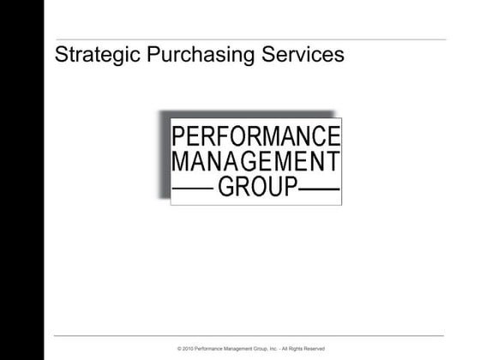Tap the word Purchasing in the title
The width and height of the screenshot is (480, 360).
pyautogui.click(x=183, y=56)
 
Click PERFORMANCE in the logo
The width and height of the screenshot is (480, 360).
pyautogui.click(x=256, y=136)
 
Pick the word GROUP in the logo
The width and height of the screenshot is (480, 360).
pyautogui.click(x=257, y=186)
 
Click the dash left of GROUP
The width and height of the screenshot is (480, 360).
pyautogui.click(x=194, y=187)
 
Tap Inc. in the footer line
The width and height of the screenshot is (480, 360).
pyautogui.click(x=273, y=349)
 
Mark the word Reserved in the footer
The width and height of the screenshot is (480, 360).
pyautogui.click(x=315, y=349)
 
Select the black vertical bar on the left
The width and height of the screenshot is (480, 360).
pyautogui.click(x=21, y=180)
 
